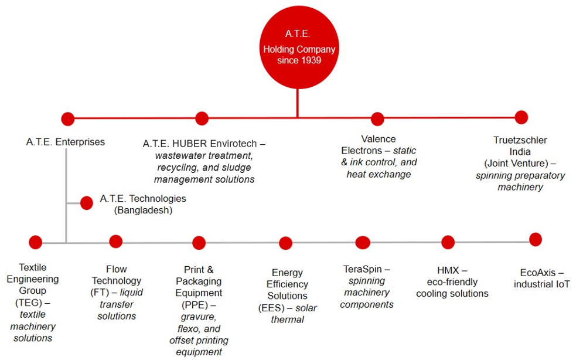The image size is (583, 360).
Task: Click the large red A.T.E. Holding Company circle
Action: (x=299, y=47)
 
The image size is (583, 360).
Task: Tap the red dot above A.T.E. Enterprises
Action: (x=67, y=119)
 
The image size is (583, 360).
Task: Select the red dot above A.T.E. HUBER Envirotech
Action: (x=202, y=118)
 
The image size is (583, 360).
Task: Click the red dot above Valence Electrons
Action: (x=377, y=119)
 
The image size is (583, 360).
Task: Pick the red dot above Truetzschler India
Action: (x=521, y=117)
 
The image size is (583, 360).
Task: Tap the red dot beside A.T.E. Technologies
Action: (x=87, y=203)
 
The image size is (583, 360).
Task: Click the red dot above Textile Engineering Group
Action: (x=35, y=242)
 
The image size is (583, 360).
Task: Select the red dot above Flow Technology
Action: (x=116, y=242)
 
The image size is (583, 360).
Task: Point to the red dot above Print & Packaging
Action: (x=199, y=243)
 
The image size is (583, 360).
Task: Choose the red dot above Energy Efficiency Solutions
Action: (x=285, y=243)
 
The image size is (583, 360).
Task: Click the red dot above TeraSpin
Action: (x=363, y=243)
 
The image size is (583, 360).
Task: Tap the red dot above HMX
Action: (x=448, y=243)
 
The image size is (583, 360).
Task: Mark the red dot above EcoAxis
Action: (x=536, y=239)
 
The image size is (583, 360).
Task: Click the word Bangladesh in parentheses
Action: (x=143, y=210)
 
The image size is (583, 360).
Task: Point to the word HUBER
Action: (x=190, y=144)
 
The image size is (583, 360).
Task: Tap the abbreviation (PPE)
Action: (x=195, y=305)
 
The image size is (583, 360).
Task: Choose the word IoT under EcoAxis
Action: (x=562, y=284)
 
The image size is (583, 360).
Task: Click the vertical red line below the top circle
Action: (x=298, y=103)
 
